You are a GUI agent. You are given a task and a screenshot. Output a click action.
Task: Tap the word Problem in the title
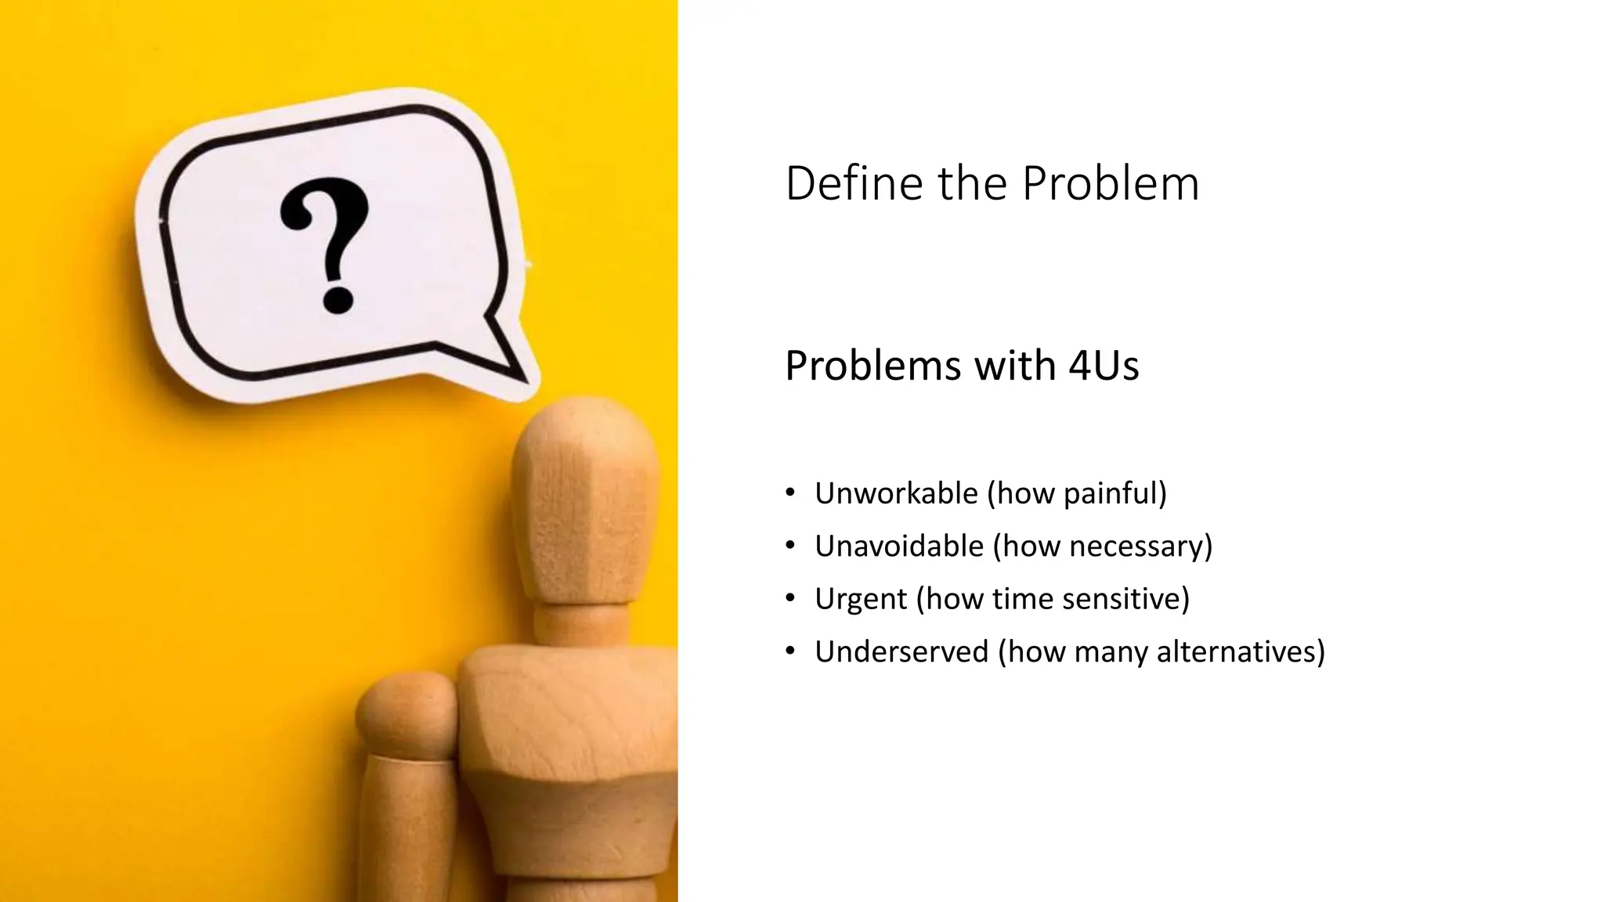pos(1110,184)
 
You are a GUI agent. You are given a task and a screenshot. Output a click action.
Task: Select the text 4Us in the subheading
pos(1104,366)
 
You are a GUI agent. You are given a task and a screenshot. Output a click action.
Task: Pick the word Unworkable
pos(896,493)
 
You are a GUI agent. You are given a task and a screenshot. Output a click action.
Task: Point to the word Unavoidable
pos(899,546)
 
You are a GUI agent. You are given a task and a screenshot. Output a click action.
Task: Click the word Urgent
pos(861,599)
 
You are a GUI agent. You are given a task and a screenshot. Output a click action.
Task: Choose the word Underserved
pos(901,651)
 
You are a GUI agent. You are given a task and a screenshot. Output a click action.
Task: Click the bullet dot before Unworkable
pos(790,493)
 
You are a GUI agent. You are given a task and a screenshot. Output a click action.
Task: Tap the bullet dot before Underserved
pos(790,651)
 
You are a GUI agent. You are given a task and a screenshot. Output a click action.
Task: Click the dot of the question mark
pos(338,300)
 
